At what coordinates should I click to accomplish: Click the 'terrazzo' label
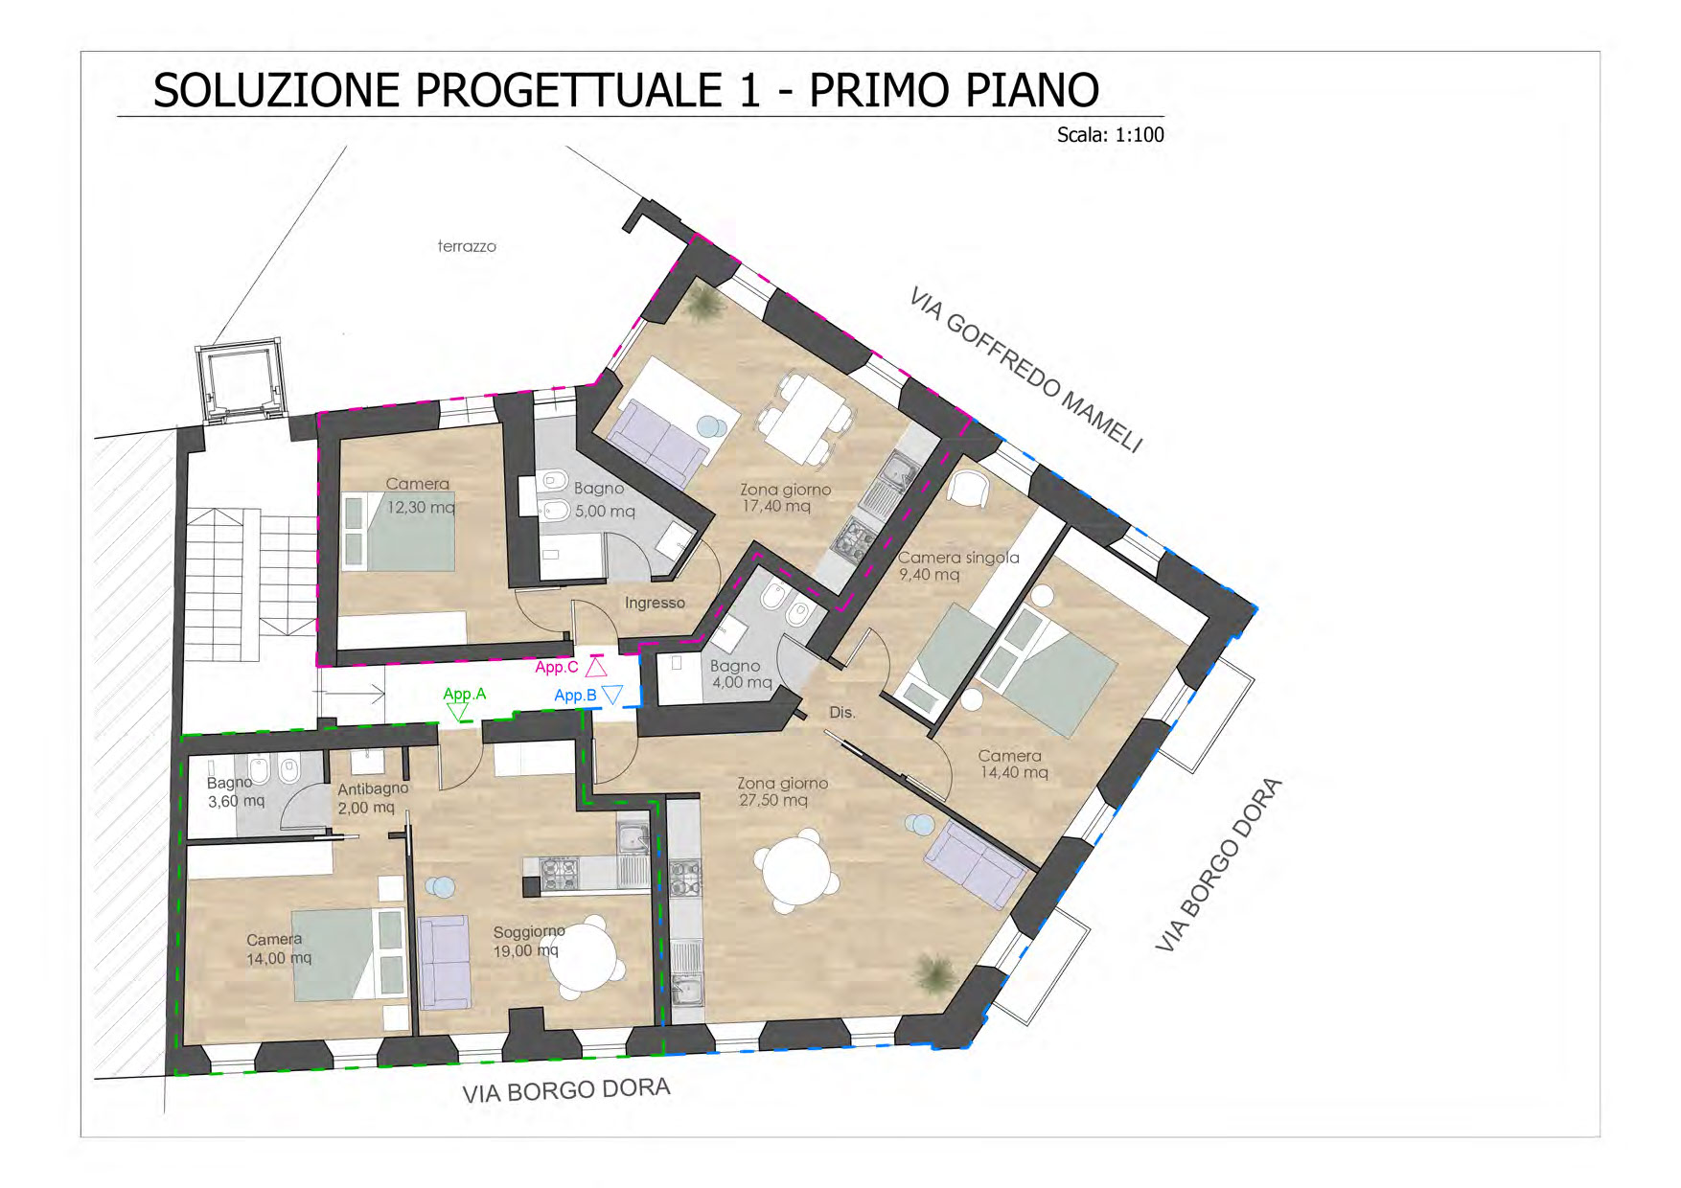point(467,246)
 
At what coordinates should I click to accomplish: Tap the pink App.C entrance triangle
point(596,667)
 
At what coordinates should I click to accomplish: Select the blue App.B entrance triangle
point(612,696)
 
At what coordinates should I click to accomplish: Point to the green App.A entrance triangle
point(458,712)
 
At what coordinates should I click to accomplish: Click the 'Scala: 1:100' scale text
point(1110,135)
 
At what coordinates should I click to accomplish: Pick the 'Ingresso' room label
point(655,603)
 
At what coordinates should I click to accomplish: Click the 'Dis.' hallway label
point(841,713)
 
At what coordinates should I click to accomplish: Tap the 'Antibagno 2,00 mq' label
point(373,798)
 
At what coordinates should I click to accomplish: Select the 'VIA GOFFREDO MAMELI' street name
point(1026,369)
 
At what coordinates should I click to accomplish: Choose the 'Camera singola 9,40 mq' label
point(958,565)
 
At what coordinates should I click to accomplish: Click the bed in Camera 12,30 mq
point(398,533)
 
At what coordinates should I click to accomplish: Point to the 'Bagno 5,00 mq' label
point(604,500)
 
